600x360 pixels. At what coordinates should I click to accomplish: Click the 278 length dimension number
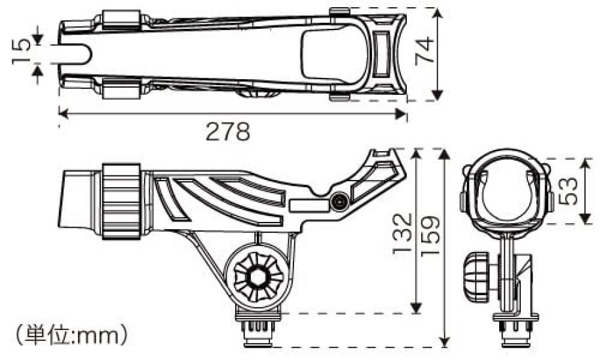point(228,133)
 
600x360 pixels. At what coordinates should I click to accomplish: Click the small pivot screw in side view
point(339,203)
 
